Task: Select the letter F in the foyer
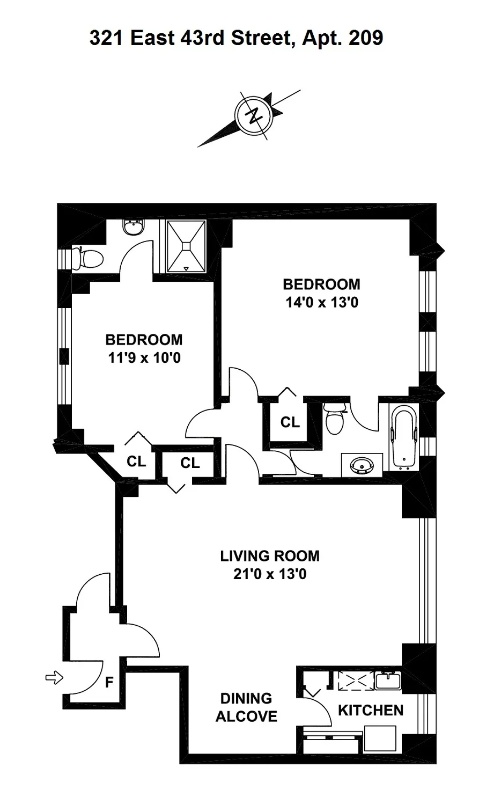click(x=109, y=683)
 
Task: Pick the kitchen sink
click(x=388, y=680)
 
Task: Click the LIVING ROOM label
click(x=270, y=556)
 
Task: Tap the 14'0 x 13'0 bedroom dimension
click(x=321, y=302)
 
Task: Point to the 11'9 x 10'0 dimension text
click(x=144, y=357)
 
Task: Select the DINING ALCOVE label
click(x=246, y=707)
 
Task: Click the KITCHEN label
click(x=371, y=710)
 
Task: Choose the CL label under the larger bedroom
click(x=290, y=422)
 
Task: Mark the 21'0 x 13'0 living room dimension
click(x=270, y=574)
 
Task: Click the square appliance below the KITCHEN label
click(x=380, y=739)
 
